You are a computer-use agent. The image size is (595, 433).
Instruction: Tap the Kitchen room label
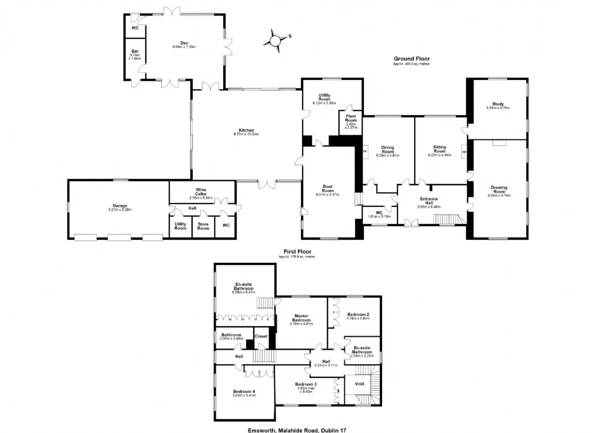246,130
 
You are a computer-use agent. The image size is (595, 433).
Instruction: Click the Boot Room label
328,189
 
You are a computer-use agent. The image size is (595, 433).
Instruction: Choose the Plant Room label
351,118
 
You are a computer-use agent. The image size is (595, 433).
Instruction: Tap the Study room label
498,104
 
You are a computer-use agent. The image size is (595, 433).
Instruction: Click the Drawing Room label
499,189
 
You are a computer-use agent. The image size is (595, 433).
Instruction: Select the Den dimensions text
185,47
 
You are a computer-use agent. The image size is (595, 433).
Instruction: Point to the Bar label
135,51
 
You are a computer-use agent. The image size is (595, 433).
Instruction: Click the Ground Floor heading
412,59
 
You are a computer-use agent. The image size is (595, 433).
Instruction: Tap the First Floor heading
297,252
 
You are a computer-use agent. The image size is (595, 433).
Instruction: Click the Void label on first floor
359,384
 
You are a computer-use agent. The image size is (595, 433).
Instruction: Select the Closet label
261,336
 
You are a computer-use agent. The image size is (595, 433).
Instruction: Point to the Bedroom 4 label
244,392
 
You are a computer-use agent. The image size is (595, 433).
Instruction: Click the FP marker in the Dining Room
365,152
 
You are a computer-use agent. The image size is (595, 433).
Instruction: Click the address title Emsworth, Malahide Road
297,431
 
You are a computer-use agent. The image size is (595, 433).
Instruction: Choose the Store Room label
203,226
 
